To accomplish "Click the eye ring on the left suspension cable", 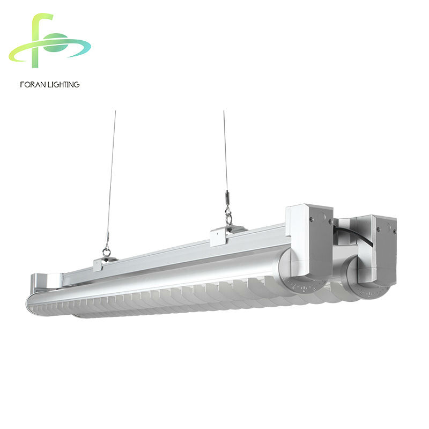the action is [106, 252].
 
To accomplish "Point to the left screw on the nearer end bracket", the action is [311, 219].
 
